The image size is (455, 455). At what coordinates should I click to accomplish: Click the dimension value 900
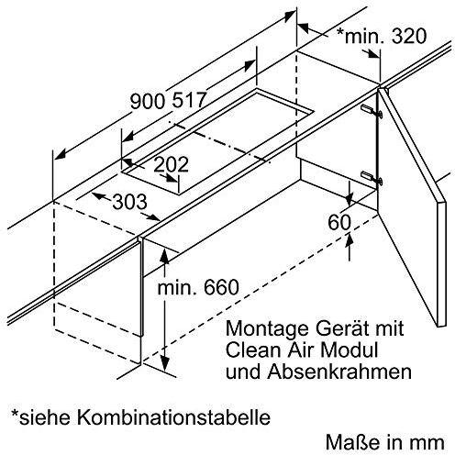point(149,101)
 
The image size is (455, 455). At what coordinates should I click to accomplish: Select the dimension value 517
point(189,100)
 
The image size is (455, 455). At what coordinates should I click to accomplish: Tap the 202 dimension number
point(171,164)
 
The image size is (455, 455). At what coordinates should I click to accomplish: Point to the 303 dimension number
point(130,202)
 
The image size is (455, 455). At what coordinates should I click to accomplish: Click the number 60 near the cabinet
point(339,222)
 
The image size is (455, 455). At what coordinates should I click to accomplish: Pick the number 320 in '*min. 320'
point(408,36)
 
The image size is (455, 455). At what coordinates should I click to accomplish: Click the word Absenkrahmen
point(339,372)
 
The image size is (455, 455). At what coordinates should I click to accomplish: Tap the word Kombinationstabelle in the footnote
point(173,416)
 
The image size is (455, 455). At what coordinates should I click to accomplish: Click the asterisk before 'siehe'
point(15,414)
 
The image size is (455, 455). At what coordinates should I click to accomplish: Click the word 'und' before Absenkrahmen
point(244,372)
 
